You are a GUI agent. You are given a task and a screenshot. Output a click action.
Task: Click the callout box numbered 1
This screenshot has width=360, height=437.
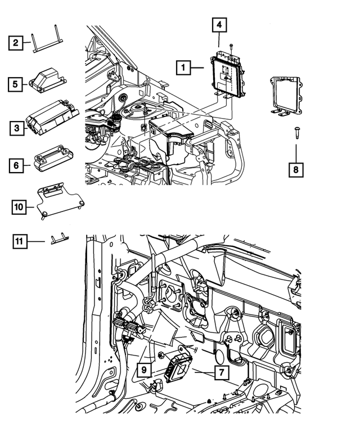tap(182, 68)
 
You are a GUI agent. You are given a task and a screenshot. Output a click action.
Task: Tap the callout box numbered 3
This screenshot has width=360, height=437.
tap(17, 129)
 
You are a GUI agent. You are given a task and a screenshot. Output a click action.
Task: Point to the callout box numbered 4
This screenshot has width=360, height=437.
tap(219, 25)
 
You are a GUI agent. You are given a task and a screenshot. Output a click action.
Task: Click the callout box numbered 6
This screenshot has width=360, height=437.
tap(17, 165)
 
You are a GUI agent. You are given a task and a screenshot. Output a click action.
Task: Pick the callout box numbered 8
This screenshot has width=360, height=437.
tap(296, 168)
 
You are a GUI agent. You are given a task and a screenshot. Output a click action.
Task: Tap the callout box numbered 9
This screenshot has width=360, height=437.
tap(144, 370)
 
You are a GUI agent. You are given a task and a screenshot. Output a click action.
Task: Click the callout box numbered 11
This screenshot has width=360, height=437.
tap(20, 242)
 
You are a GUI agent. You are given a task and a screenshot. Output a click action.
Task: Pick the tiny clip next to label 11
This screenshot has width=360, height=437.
tap(59, 240)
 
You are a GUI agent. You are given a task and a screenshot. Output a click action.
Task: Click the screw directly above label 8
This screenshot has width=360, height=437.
tap(295, 133)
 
